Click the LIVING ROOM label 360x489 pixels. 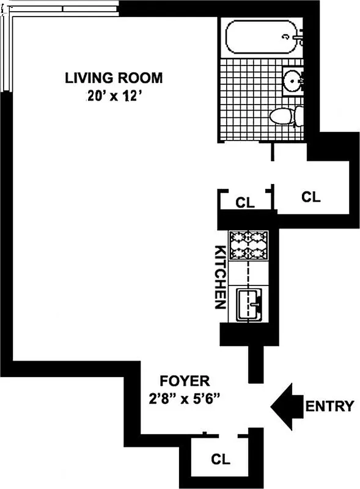coord(115,78)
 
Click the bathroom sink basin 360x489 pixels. coord(293,81)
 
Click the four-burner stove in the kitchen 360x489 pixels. coord(248,246)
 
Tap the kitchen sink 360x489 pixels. coord(248,304)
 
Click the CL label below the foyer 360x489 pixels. coord(221,458)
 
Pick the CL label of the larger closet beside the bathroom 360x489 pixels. coord(311,197)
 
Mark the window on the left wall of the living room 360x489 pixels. coord(6,55)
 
